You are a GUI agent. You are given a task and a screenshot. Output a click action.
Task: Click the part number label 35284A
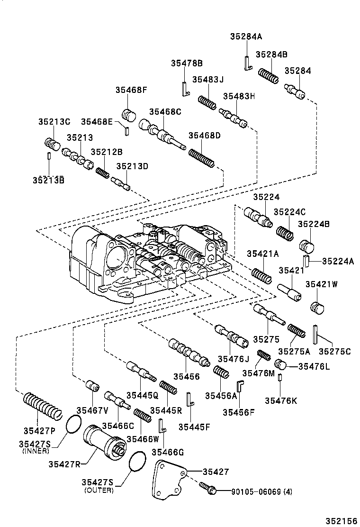pyautogui.click(x=246, y=36)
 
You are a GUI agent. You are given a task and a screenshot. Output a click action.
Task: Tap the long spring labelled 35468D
pyautogui.click(x=202, y=158)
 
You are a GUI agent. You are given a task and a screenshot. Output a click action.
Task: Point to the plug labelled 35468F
pyautogui.click(x=129, y=115)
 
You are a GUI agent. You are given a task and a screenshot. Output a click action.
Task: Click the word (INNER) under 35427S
pyautogui.click(x=36, y=451)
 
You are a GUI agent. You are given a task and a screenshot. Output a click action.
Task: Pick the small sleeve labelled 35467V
pyautogui.click(x=92, y=386)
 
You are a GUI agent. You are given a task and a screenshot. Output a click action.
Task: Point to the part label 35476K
pyautogui.click(x=281, y=401)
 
